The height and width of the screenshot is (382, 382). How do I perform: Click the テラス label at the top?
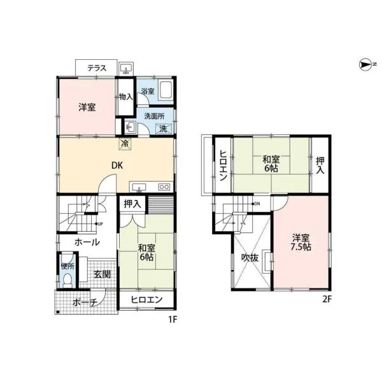pos(97,68)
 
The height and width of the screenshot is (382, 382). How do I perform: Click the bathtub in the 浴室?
pos(166,90)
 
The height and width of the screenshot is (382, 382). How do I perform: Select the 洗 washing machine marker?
pos(163,129)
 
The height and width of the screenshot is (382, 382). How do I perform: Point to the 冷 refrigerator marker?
pos(125,143)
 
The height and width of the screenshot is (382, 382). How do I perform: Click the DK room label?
pos(117,166)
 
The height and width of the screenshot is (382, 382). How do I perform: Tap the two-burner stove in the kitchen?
pos(164,187)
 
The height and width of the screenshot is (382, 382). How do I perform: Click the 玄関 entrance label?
pos(103,274)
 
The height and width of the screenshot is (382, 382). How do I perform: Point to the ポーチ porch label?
pos(85,302)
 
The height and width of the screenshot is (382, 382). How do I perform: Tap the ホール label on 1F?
pos(87,242)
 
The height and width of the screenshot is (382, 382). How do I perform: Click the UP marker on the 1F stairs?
pos(99,223)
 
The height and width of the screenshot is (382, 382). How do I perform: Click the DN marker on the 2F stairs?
pos(255,204)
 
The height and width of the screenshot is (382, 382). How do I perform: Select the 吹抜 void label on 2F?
pos(250,258)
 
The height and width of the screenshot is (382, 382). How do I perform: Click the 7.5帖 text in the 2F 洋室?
pos(301,247)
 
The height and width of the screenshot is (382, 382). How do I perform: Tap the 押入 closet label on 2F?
pos(320,166)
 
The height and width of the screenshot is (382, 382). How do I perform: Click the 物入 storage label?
pos(126,97)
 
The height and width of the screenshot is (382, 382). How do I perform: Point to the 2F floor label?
pos(327,299)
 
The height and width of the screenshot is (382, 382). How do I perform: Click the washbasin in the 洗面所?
pos(130,127)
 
